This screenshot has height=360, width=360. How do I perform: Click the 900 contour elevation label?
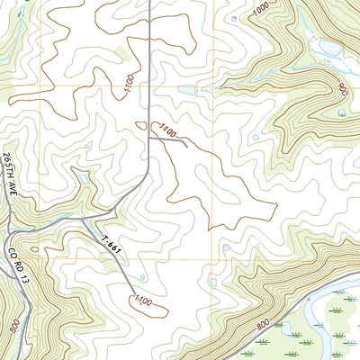(x=343, y=91)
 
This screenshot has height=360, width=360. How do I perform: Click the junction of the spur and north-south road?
(x=148, y=135)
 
